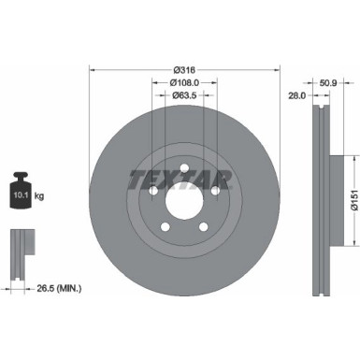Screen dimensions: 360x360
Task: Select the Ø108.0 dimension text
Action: tap(184, 81)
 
